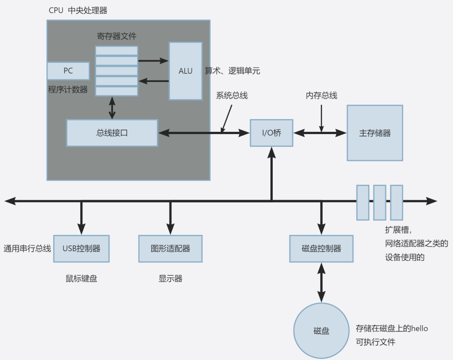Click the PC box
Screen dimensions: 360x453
pos(68,71)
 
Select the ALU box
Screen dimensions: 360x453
pos(185,71)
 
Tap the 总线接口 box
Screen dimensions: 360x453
pos(112,133)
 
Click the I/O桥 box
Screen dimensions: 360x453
pos(271,133)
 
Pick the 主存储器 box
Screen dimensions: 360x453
pos(375,133)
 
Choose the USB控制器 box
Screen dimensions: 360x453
pos(82,249)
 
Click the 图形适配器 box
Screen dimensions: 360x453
pos(170,249)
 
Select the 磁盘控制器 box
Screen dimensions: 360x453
pos(321,249)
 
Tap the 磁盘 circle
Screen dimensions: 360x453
pos(321,331)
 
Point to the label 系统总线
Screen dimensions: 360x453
pos(231,96)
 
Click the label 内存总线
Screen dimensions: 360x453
pos(321,96)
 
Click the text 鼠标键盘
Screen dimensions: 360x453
pos(82,278)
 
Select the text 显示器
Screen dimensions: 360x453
pos(170,278)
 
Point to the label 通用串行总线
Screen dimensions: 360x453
pos(27,249)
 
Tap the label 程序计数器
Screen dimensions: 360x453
pos(68,89)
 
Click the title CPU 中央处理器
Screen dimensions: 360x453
pos(78,10)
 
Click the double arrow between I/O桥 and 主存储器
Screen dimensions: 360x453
pos(320,133)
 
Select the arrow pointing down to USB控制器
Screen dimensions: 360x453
pos(82,218)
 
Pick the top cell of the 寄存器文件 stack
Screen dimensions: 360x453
pos(116,50)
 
